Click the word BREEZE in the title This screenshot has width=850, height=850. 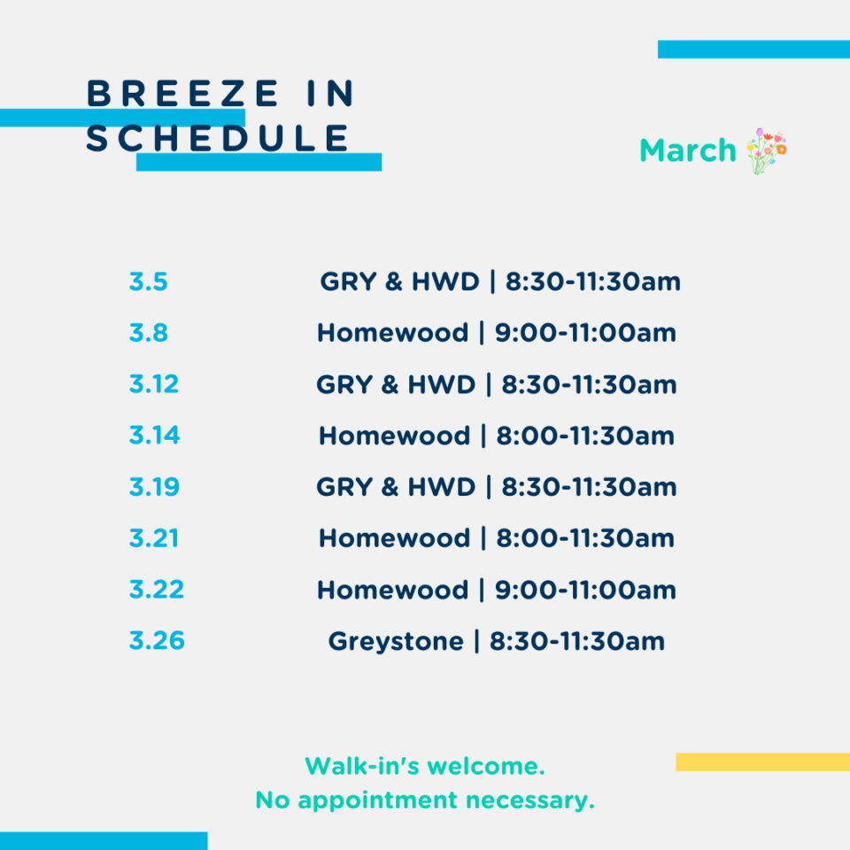[x=182, y=93]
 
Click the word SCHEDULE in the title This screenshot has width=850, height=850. [x=218, y=138]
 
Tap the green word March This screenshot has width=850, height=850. [x=688, y=151]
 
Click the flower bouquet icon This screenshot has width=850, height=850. [x=767, y=151]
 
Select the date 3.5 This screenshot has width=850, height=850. [x=149, y=282]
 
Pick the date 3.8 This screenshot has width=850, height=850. [x=149, y=333]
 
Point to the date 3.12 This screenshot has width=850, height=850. [x=154, y=384]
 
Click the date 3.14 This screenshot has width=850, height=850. [x=154, y=436]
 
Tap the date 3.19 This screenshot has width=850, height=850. [x=154, y=487]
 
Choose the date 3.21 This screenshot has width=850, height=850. [x=154, y=538]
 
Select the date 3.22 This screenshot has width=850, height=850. [x=157, y=590]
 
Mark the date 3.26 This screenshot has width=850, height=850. [x=158, y=641]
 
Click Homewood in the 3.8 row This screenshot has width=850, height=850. [x=393, y=333]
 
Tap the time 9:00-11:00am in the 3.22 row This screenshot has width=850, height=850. [x=585, y=590]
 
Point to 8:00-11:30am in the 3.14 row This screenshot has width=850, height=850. [x=585, y=436]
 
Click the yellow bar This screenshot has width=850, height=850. [x=762, y=761]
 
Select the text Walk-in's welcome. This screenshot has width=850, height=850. [x=425, y=767]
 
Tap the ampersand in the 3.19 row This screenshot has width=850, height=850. [x=390, y=487]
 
